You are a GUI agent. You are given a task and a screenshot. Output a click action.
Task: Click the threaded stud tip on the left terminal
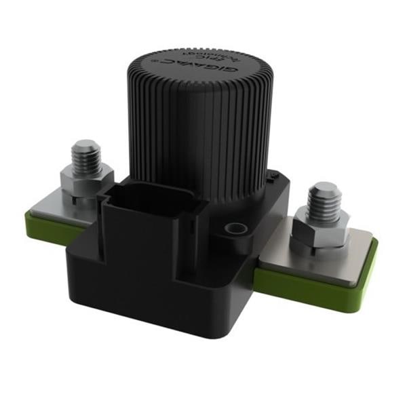coord(86,148)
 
